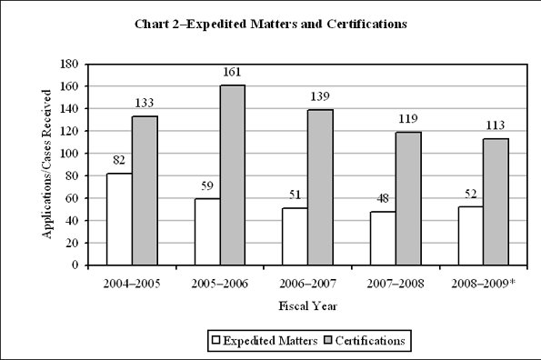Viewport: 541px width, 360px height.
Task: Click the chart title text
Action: click(270, 24)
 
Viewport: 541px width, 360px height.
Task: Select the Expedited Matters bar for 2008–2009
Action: click(470, 235)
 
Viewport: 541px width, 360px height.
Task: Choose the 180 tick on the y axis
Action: click(68, 65)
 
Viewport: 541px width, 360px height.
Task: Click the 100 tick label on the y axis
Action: click(68, 154)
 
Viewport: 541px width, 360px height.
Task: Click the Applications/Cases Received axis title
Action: click(45, 165)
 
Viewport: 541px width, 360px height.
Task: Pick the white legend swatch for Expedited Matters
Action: click(217, 340)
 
